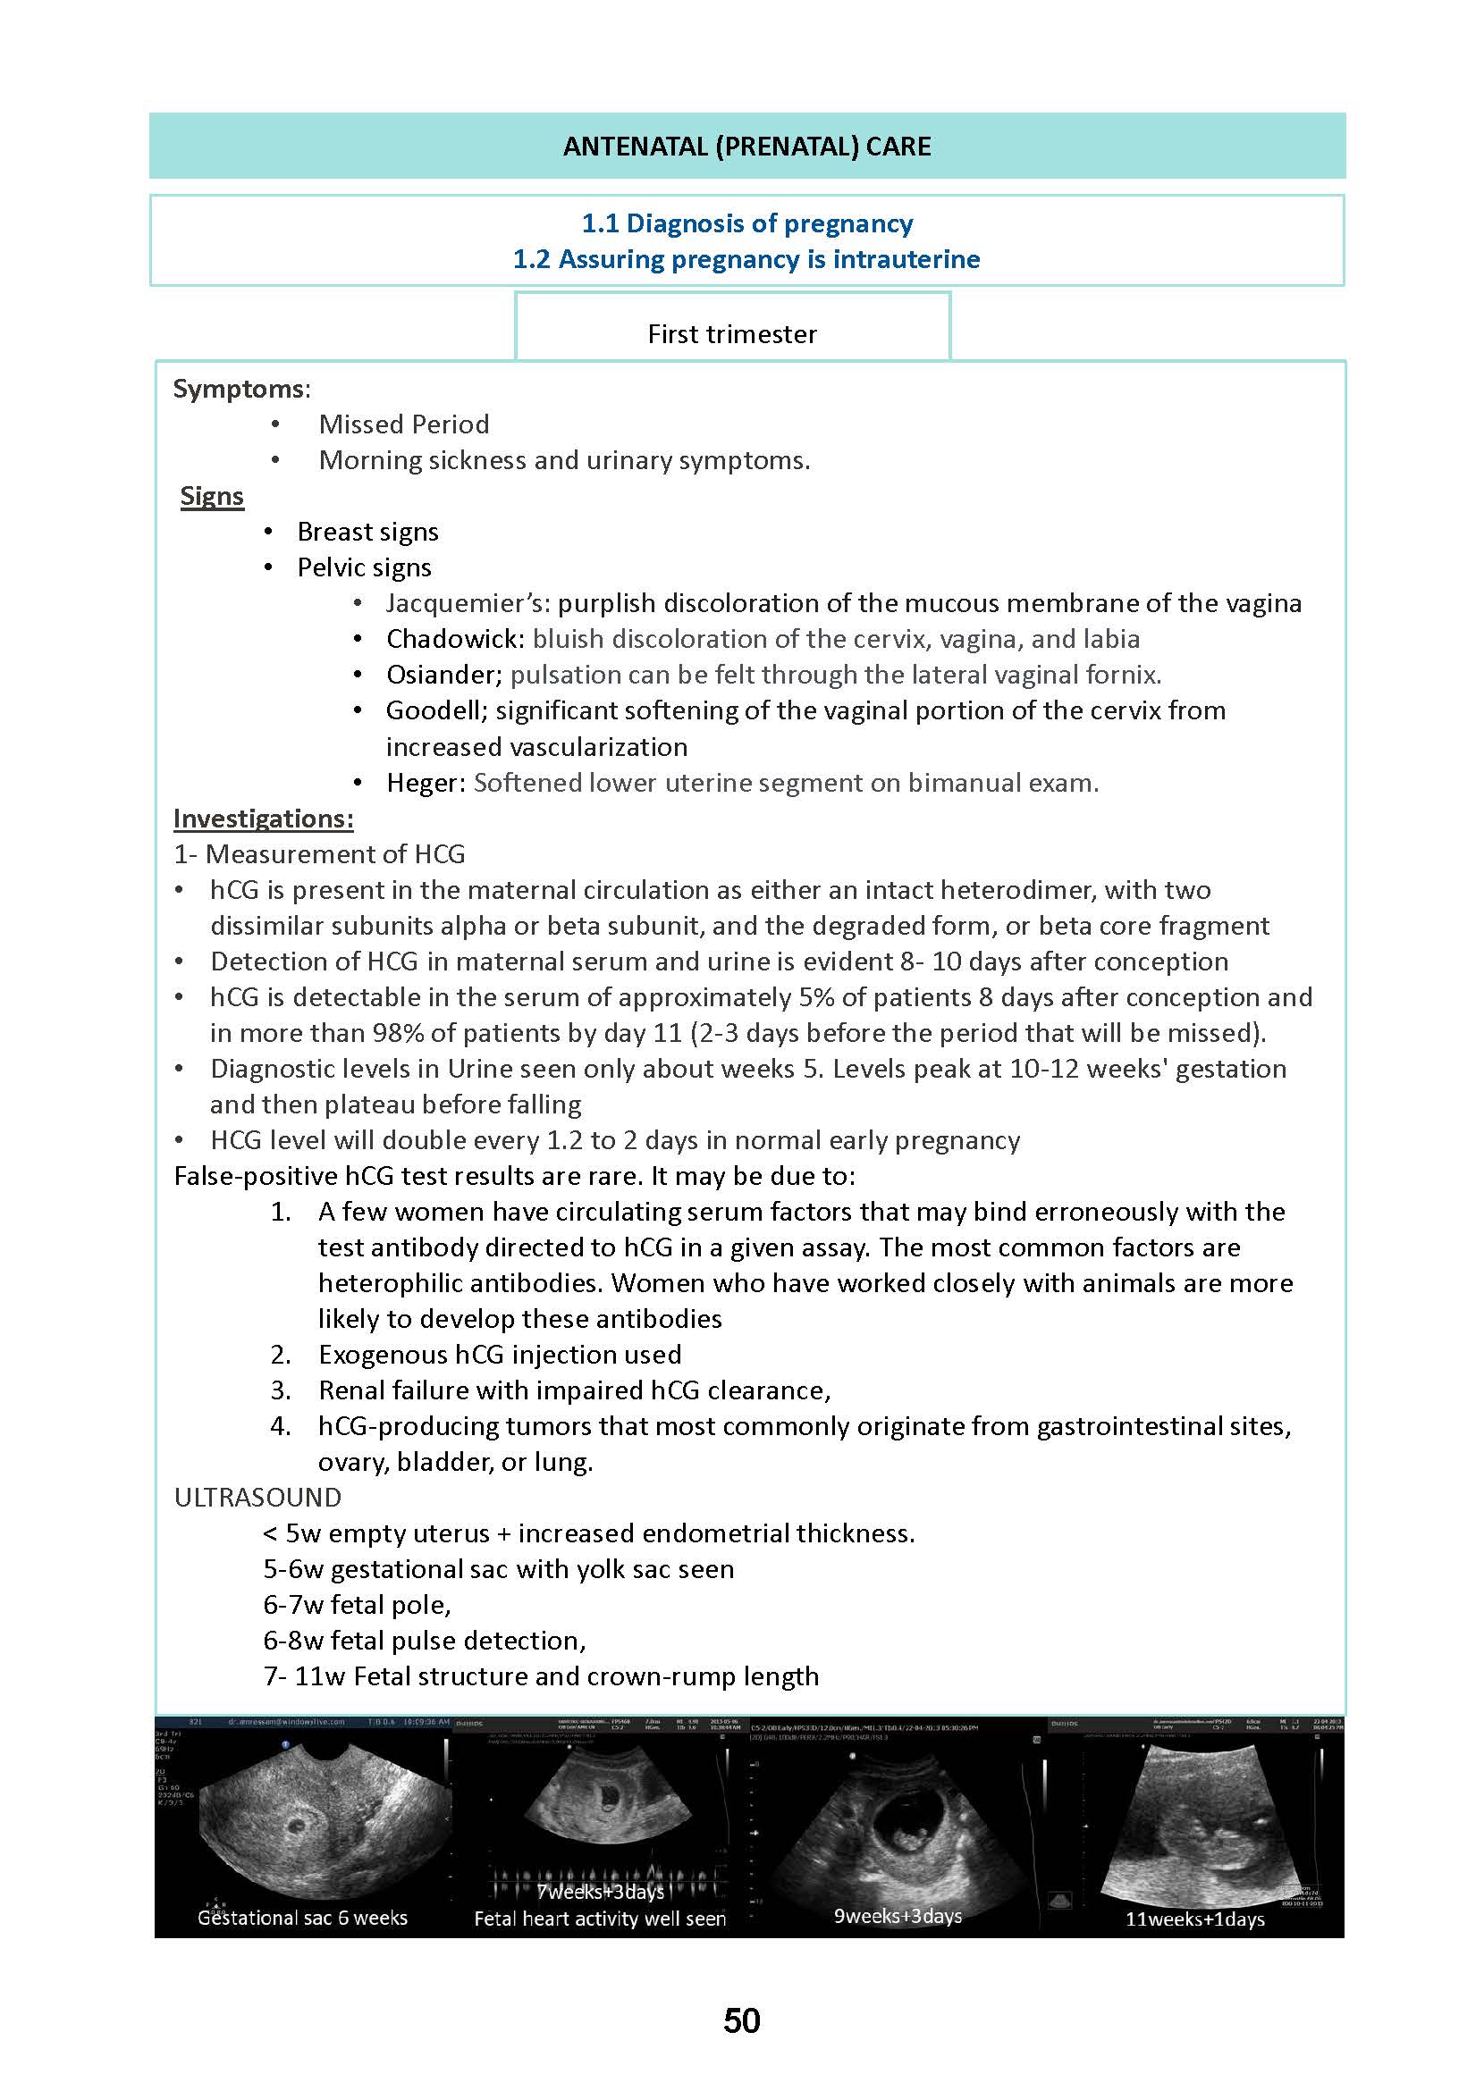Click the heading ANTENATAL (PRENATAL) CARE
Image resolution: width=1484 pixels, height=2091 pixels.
(746, 147)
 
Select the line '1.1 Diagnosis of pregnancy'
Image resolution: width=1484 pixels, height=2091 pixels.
(746, 223)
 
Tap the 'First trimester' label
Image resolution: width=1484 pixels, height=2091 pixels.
(732, 334)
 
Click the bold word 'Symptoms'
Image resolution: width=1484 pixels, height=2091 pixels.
(240, 389)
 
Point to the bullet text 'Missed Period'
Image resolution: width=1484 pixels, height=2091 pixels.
(403, 424)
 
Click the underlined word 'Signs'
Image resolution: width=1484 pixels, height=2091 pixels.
(212, 496)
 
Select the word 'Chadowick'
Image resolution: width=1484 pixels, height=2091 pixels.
(454, 639)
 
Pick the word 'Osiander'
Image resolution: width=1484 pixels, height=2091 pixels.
(443, 675)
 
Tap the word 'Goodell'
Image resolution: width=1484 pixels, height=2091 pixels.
(435, 710)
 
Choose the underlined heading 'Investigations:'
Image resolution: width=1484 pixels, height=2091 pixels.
(263, 819)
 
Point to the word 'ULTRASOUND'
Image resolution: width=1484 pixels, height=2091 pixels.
(257, 1498)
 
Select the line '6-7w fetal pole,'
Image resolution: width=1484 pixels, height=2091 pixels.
(357, 1605)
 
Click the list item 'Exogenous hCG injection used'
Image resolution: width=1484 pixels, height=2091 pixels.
(499, 1355)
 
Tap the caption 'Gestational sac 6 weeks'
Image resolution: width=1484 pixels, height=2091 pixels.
(302, 1918)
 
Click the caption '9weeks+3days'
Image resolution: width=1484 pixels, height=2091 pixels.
(898, 1916)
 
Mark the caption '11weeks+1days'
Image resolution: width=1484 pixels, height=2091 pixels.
(1194, 1919)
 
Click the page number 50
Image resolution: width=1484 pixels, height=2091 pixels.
(741, 2020)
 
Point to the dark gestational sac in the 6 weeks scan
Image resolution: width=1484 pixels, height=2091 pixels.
(297, 1826)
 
